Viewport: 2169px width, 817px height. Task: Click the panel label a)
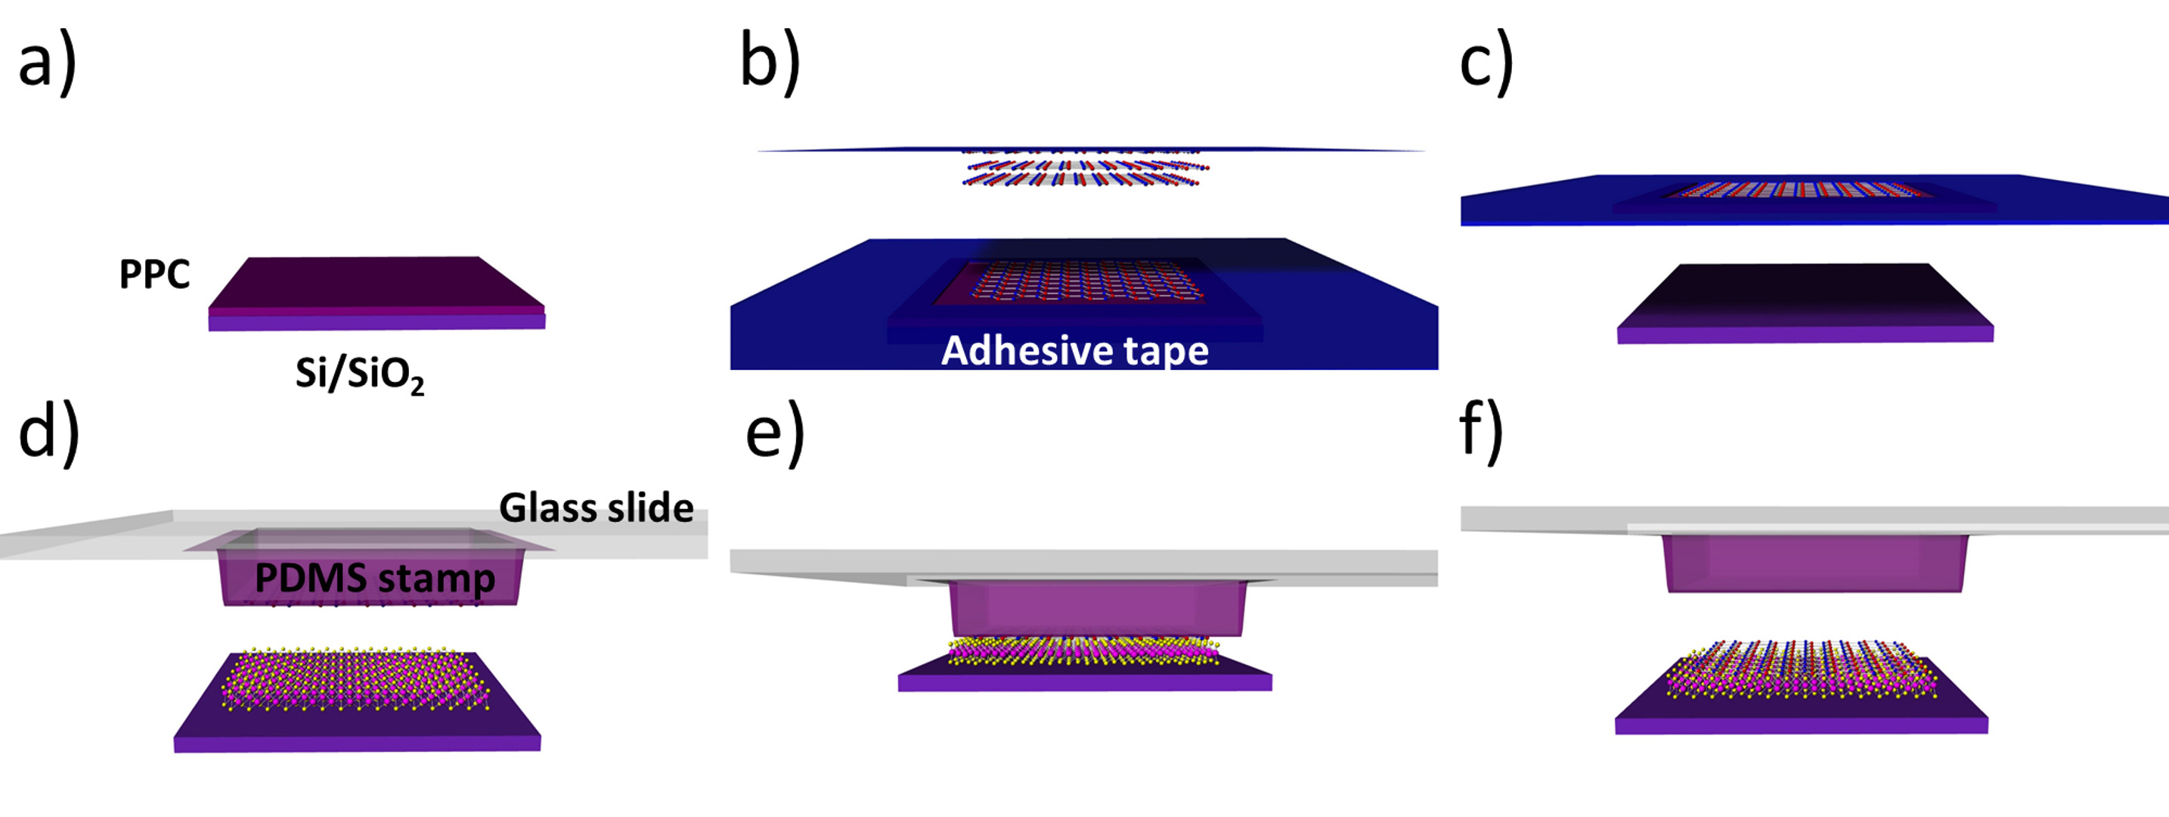coord(47,64)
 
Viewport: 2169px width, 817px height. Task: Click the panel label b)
coord(770,61)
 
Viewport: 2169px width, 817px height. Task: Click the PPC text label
coord(154,274)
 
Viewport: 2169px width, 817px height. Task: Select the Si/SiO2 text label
coord(360,373)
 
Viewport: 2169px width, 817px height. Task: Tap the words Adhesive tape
coord(1074,350)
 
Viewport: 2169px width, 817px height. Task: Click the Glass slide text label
coord(596,508)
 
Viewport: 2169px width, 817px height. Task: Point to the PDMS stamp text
coord(375,578)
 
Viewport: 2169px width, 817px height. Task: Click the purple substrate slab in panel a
coord(376,290)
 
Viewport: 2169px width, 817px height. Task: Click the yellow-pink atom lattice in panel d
coord(354,679)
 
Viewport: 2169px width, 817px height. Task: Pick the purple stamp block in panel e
coord(1097,608)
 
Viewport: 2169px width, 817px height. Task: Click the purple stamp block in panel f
coord(1815,563)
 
